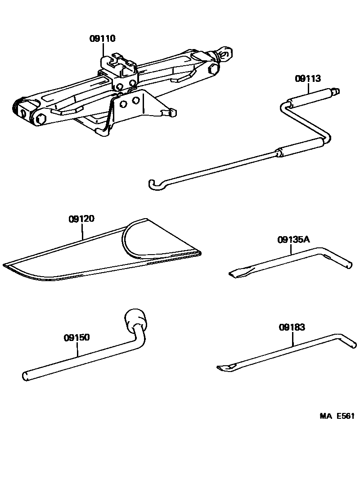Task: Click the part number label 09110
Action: pyautogui.click(x=102, y=39)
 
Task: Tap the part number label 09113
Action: pyautogui.click(x=308, y=79)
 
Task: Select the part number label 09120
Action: pyautogui.click(x=81, y=220)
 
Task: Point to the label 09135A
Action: pyautogui.click(x=293, y=240)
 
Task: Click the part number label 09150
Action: pyautogui.click(x=77, y=337)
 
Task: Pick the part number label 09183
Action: pyautogui.click(x=292, y=327)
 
